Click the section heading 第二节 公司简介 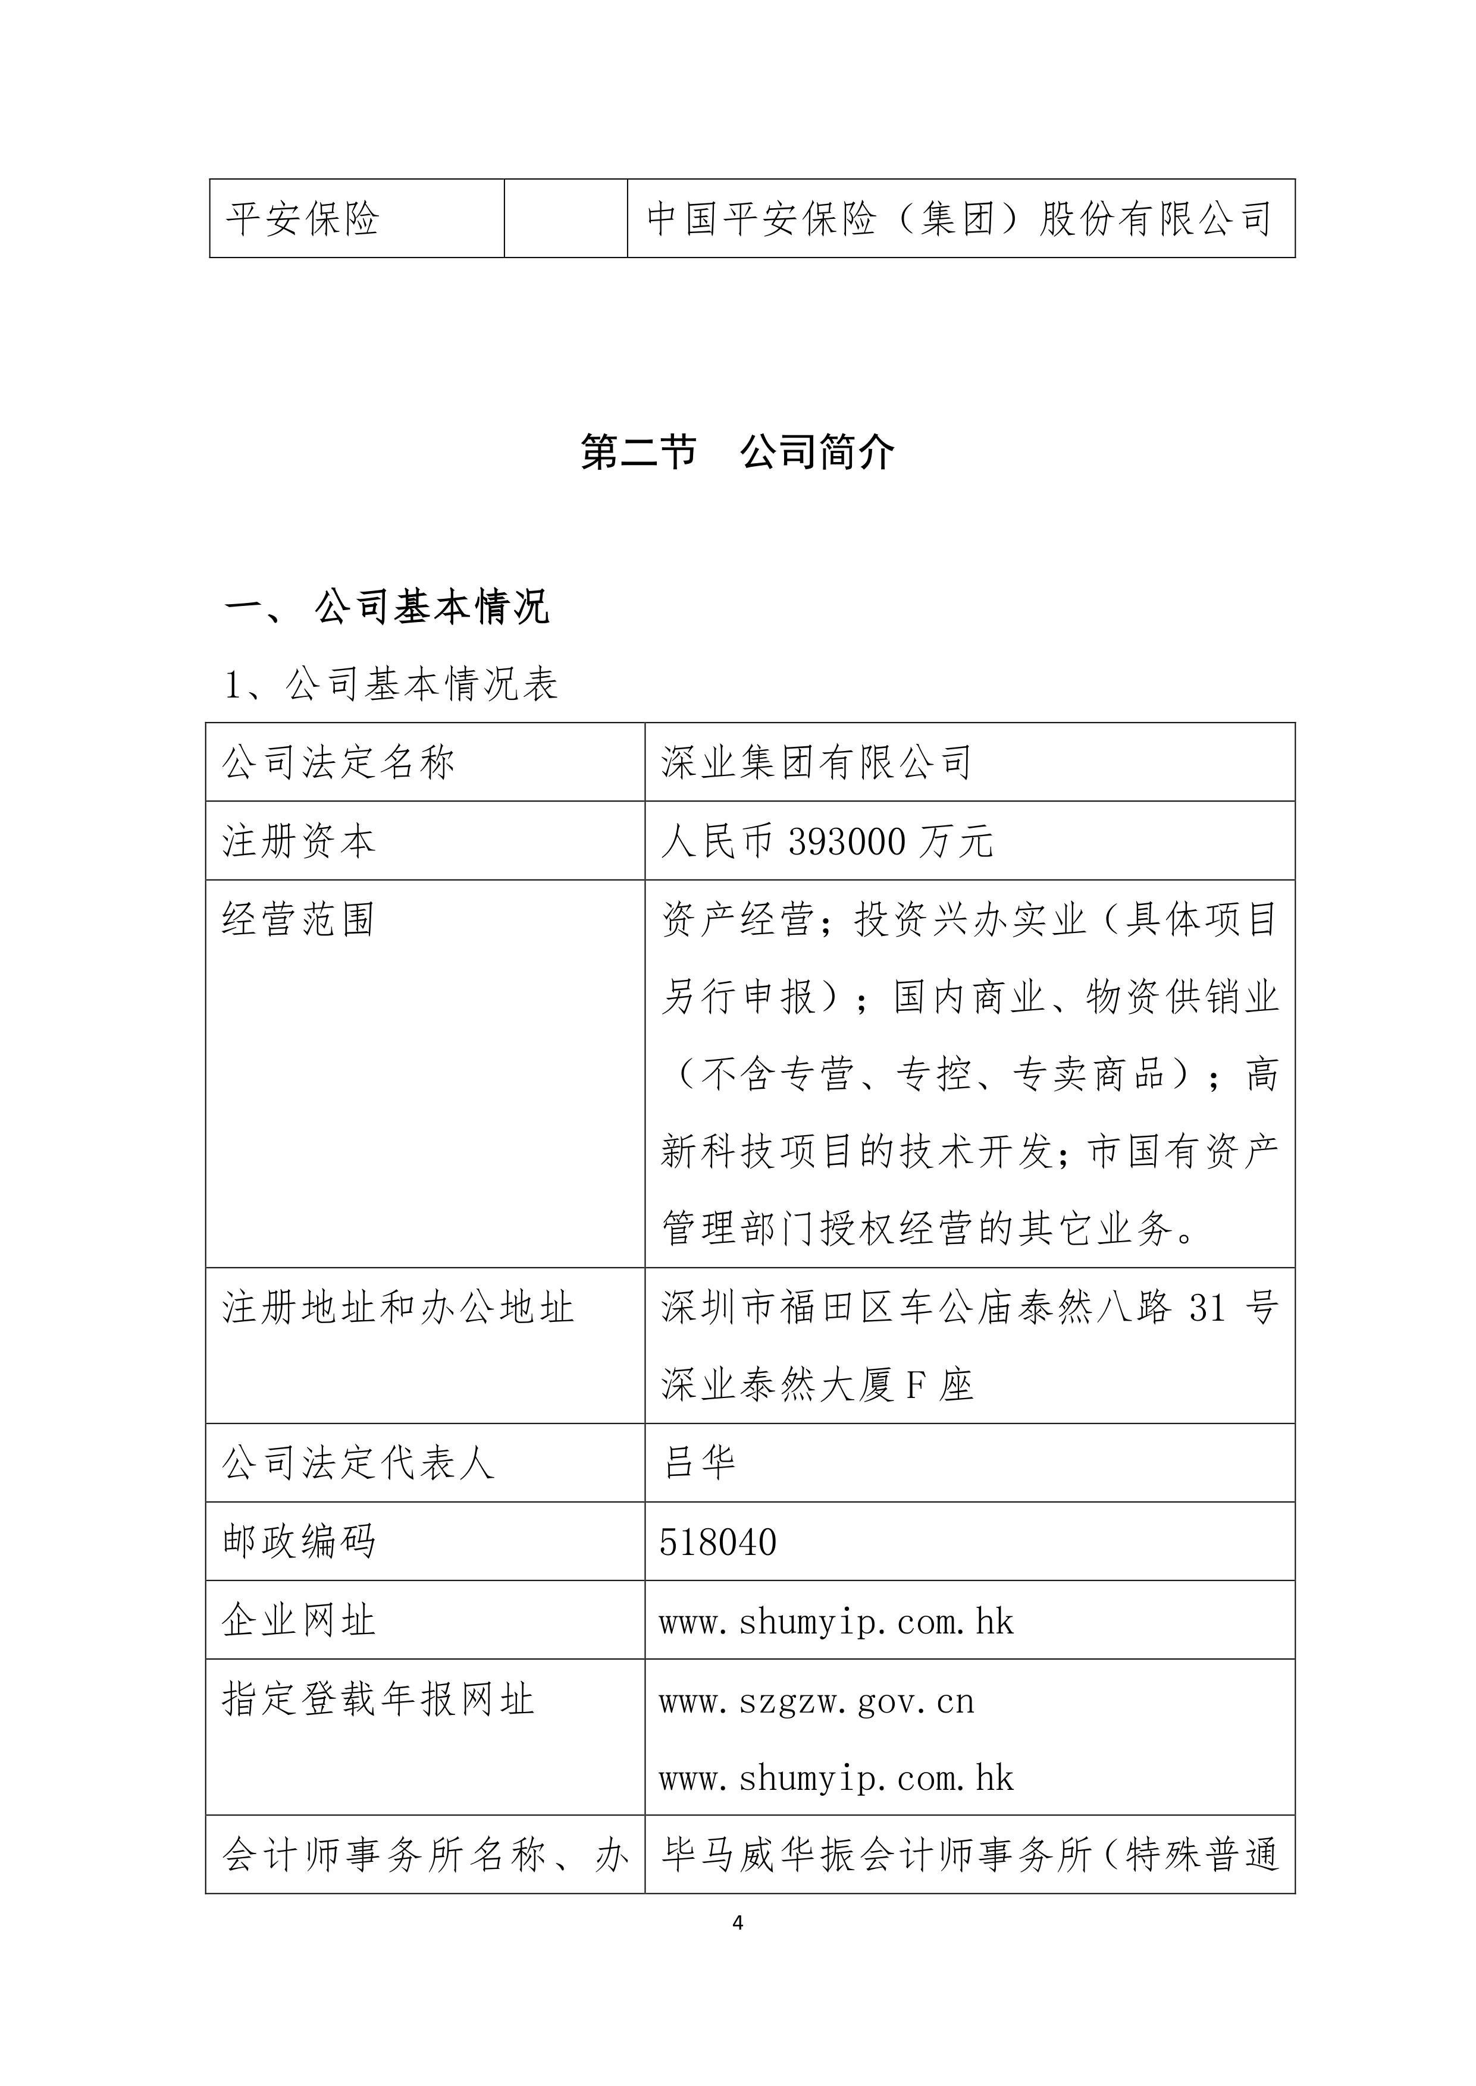tap(737, 451)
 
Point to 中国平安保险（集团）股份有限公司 tap(959, 219)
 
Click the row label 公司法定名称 tap(338, 762)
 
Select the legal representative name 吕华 tap(699, 1463)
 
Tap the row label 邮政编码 tap(299, 1542)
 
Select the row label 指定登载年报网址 tap(378, 1699)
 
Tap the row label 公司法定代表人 tap(358, 1463)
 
